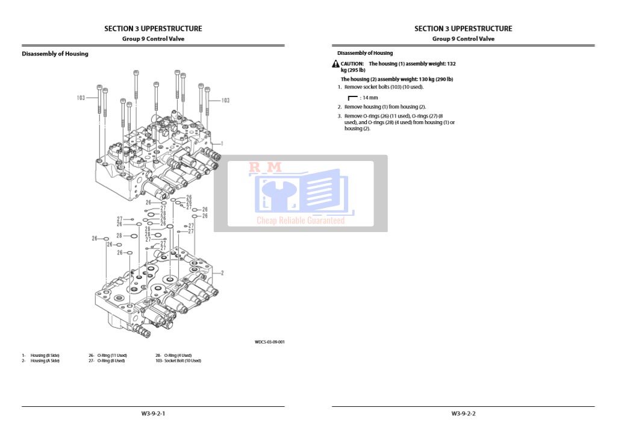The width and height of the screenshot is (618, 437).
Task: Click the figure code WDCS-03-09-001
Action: coord(269,342)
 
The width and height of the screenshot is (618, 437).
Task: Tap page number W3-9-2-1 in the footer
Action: coord(153,413)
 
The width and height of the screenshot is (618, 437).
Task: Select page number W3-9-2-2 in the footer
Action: coord(463,413)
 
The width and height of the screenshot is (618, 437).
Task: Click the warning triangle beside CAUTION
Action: coord(336,64)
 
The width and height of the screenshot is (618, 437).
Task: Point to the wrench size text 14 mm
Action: coord(370,97)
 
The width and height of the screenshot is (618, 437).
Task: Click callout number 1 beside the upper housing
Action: coord(222,143)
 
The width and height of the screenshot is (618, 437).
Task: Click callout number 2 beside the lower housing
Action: coord(222,273)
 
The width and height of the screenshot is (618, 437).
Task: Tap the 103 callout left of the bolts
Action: coord(81,98)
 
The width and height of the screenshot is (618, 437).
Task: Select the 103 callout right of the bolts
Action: coord(225,101)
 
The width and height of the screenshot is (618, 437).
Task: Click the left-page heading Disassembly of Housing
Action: coord(55,54)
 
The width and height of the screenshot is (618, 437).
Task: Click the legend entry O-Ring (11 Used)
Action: coord(112,356)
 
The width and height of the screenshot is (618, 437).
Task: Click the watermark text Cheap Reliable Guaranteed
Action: coord(301,221)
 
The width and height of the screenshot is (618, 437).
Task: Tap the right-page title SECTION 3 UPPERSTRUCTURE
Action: coord(463,28)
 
